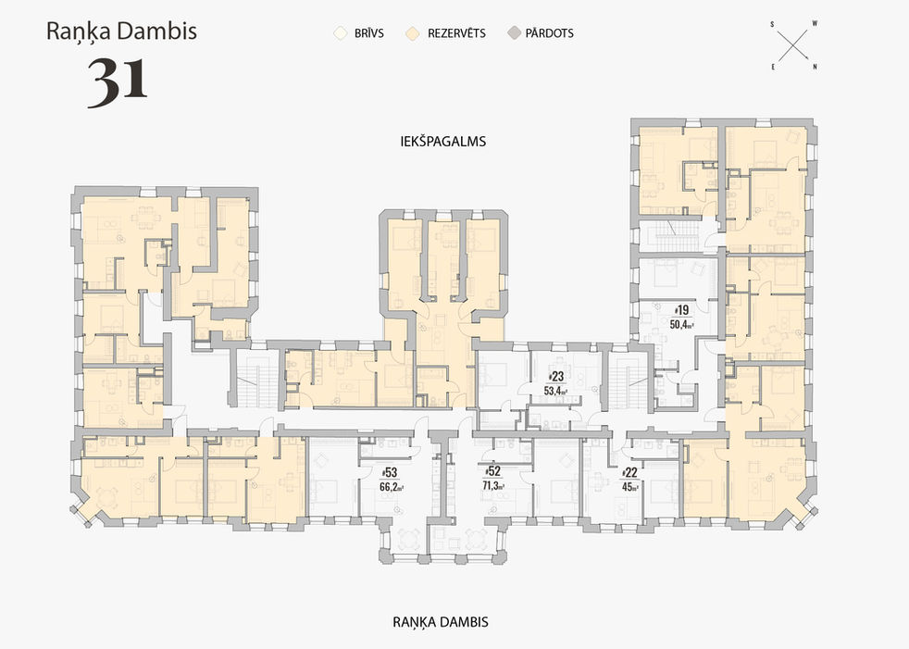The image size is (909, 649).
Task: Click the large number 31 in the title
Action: click(118, 81)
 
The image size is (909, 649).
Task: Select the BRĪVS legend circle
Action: click(340, 33)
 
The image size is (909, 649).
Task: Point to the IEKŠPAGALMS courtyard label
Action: click(438, 142)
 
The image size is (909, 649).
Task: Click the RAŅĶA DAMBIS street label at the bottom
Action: click(440, 621)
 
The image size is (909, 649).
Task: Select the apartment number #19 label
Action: click(681, 311)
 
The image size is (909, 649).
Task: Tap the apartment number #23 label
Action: click(556, 377)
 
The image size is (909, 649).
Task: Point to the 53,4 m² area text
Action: click(556, 390)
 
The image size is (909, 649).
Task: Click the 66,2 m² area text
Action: click(387, 485)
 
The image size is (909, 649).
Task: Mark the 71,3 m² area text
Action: click(492, 485)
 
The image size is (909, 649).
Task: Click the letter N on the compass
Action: click(814, 67)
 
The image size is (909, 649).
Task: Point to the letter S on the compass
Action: click(771, 22)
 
